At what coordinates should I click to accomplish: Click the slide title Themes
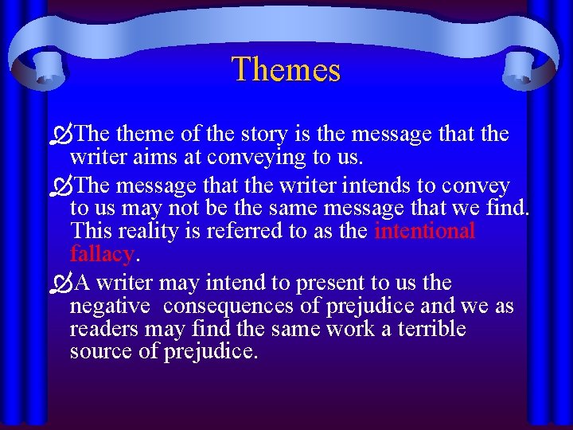pos(286,69)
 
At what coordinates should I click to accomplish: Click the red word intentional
pos(424,232)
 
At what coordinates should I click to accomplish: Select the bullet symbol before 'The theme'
pos(61,135)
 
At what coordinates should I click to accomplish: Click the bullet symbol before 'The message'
pos(61,186)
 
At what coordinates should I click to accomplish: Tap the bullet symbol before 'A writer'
pos(61,283)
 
